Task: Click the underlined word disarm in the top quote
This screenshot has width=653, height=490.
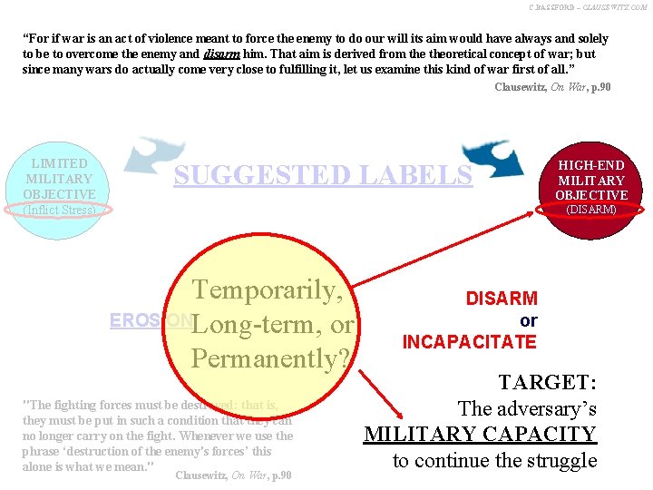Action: (221, 54)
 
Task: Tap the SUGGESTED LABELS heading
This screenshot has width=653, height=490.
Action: (323, 175)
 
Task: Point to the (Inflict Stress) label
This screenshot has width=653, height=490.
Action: (60, 210)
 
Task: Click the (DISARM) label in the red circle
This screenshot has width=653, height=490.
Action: (591, 210)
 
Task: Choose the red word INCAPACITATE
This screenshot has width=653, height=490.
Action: (469, 341)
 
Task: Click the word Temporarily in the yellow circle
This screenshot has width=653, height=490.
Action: (267, 290)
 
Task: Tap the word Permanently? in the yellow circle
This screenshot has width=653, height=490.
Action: (271, 358)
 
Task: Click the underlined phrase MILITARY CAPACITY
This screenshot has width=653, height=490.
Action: (480, 435)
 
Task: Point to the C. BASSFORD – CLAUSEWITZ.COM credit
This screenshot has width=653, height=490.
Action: (589, 7)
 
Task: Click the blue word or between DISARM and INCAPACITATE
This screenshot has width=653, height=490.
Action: (528, 320)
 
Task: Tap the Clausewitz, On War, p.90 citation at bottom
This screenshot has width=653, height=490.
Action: (233, 475)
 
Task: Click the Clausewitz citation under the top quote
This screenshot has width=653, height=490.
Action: (552, 87)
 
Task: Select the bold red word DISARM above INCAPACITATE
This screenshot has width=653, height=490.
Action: (501, 299)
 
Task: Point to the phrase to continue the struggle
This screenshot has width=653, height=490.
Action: (494, 460)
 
